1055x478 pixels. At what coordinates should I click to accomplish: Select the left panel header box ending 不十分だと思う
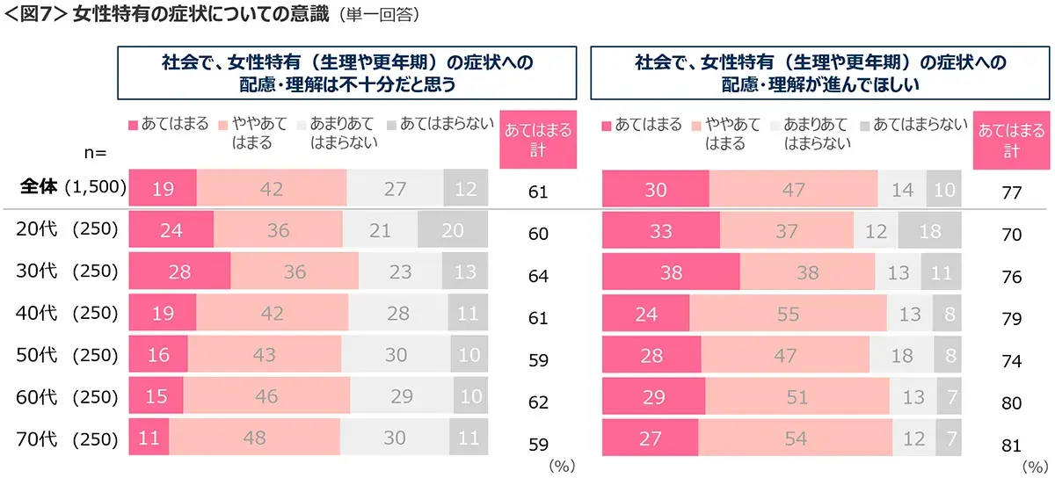coord(347,73)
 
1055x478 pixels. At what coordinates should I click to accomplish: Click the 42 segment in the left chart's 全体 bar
coord(272,187)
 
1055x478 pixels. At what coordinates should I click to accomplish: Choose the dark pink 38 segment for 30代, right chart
coord(671,272)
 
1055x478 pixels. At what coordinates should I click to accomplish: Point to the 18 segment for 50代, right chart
coord(901,356)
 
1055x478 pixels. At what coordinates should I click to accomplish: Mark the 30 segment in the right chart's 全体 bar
coord(655,187)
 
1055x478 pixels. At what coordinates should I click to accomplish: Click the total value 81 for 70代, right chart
coord(1011,444)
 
